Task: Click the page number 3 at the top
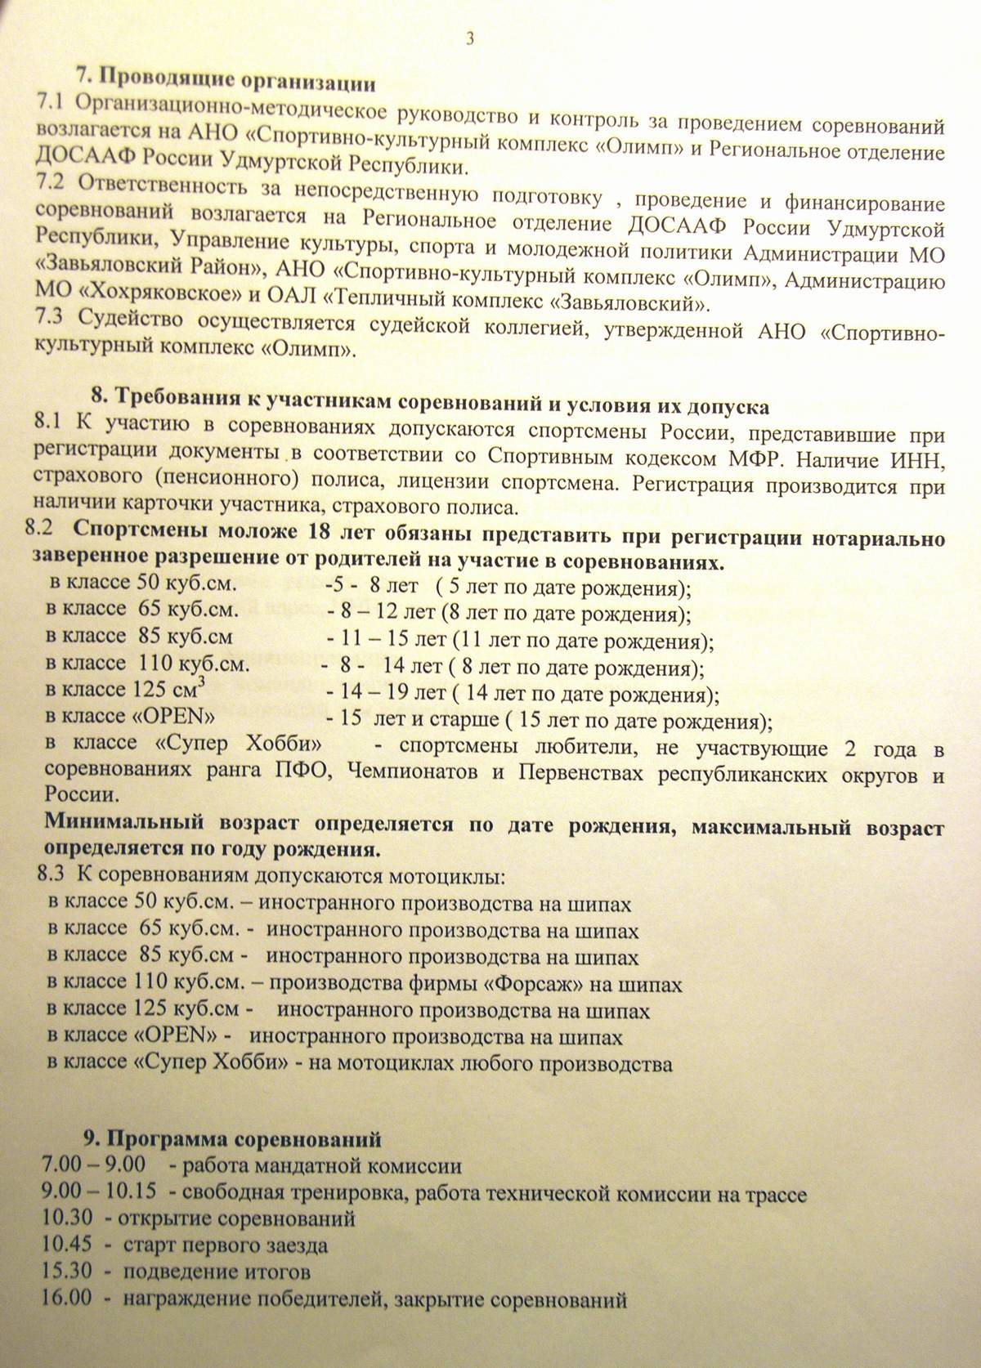pos(469,38)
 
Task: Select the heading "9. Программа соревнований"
pos(232,1138)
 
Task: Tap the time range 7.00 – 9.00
pos(93,1165)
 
